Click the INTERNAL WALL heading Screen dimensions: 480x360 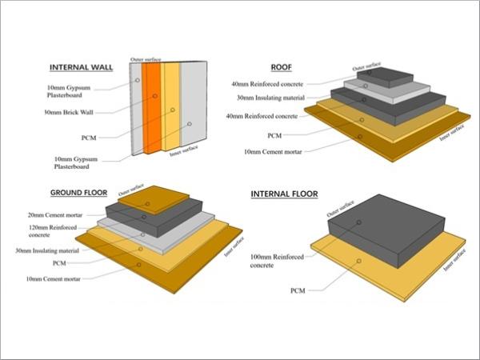click(81, 68)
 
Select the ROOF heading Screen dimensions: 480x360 click(282, 67)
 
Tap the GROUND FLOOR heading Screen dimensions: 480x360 click(78, 193)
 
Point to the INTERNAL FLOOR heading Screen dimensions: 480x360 click(284, 194)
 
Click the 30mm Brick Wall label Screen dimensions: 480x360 click(69, 112)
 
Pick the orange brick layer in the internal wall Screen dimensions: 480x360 click(152, 108)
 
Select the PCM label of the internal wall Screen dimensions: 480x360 click(89, 138)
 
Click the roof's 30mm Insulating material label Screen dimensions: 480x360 click(271, 98)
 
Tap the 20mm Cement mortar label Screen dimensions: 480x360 click(55, 215)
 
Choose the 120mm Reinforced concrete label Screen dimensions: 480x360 click(53, 231)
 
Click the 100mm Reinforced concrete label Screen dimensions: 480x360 click(277, 261)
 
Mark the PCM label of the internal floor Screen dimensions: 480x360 click(298, 291)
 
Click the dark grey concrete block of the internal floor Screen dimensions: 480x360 click(386, 230)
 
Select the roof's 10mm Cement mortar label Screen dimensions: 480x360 click(273, 152)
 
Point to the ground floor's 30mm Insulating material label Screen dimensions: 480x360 click(47, 250)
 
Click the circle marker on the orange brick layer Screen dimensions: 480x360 click(155, 96)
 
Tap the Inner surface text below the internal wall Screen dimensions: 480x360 click(184, 150)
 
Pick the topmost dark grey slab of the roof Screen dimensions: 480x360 click(385, 77)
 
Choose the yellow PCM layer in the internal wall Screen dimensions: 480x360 click(171, 106)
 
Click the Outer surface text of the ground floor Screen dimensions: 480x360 click(131, 190)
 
